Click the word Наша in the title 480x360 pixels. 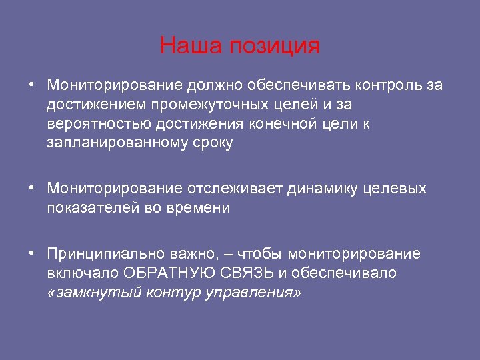tap(192, 46)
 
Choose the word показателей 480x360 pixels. tap(91, 208)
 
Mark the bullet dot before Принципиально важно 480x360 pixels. tap(32, 254)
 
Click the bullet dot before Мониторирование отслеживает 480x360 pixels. tap(32, 189)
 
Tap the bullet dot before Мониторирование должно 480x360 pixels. tap(32, 85)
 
